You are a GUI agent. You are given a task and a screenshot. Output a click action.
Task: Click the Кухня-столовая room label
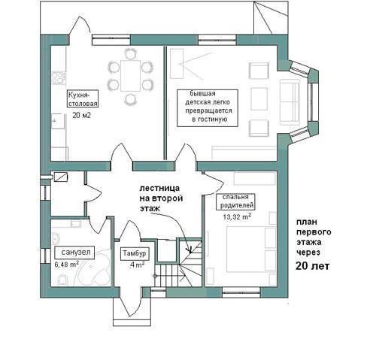(x=83, y=99)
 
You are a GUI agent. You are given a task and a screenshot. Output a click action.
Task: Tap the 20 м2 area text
(x=81, y=116)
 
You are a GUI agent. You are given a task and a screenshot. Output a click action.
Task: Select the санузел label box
(x=74, y=253)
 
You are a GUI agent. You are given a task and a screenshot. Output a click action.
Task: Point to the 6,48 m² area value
(x=67, y=265)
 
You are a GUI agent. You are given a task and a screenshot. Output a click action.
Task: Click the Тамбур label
(x=135, y=254)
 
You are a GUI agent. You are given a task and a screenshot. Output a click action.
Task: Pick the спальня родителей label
(x=235, y=201)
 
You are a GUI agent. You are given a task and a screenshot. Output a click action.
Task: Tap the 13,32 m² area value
(x=237, y=217)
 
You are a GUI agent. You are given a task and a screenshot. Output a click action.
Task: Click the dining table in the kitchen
(x=130, y=76)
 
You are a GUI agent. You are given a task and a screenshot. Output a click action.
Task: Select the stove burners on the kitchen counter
(x=59, y=77)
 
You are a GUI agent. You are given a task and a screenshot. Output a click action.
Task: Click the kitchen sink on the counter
(x=58, y=121)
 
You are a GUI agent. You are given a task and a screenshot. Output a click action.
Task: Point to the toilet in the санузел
(x=62, y=280)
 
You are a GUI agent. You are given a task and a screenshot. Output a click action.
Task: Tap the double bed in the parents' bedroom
(x=251, y=250)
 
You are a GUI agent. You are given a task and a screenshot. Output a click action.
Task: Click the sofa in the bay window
(x=290, y=102)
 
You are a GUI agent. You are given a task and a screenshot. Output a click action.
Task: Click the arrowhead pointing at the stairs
(x=190, y=250)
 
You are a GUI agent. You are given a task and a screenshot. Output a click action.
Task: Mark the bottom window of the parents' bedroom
(x=241, y=292)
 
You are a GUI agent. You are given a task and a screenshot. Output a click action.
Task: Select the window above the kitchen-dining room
(x=111, y=40)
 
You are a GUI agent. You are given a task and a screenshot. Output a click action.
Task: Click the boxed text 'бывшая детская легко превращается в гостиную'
(x=208, y=108)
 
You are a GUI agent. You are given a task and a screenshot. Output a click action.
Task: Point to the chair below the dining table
(x=130, y=99)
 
